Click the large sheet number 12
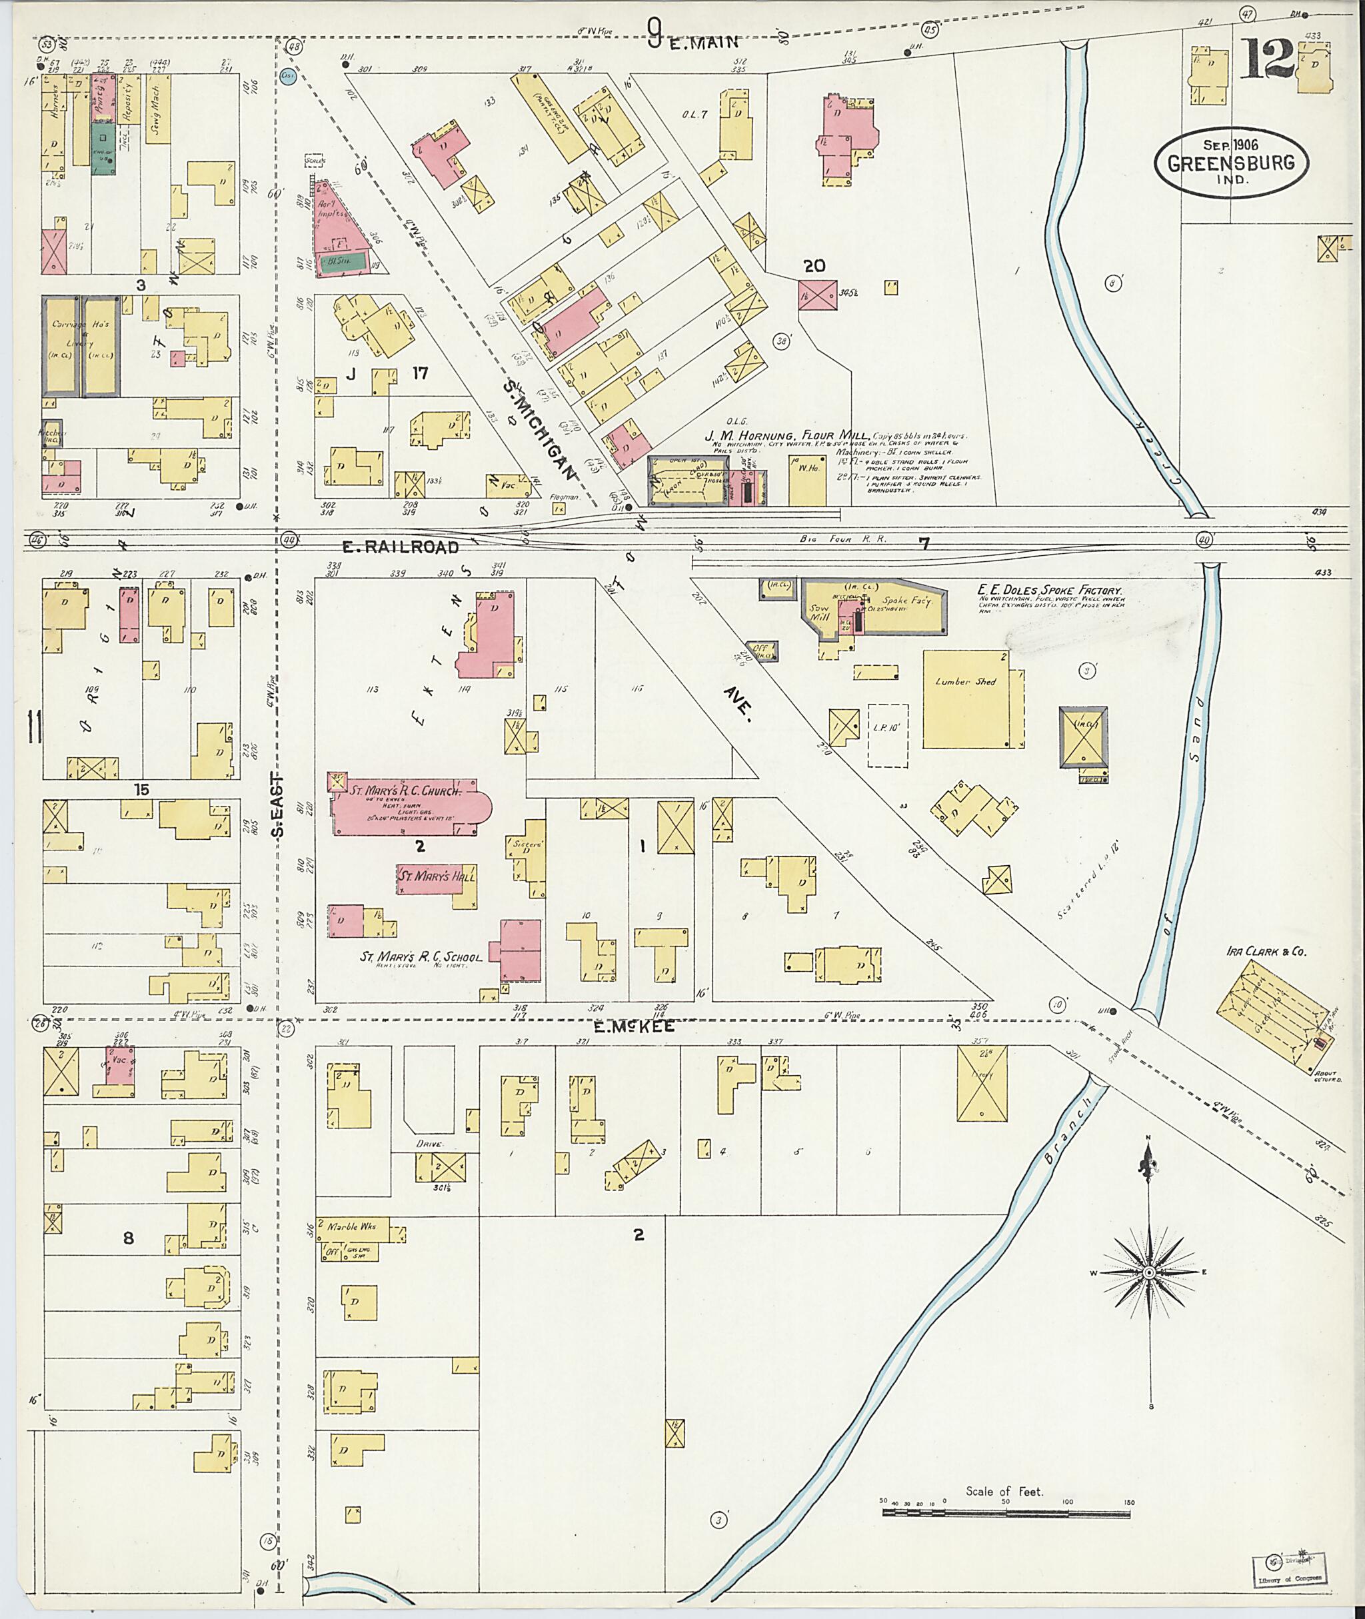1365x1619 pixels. (x=1268, y=61)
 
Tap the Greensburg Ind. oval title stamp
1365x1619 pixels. (x=1232, y=163)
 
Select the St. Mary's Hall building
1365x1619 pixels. (x=436, y=878)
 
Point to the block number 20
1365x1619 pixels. (x=813, y=266)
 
